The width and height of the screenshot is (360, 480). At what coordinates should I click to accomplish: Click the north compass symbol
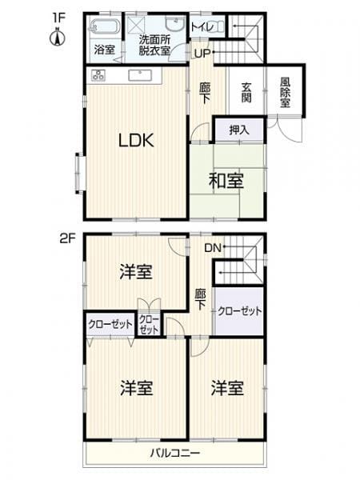coord(57,37)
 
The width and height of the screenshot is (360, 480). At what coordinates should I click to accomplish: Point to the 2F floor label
coord(67,238)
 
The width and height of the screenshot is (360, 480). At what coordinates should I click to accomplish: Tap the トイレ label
coord(202,27)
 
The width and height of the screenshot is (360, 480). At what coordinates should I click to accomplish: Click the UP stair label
coord(202,54)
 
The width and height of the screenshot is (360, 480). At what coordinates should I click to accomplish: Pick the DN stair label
coord(213,247)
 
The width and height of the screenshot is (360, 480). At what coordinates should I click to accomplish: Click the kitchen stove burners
coord(98,75)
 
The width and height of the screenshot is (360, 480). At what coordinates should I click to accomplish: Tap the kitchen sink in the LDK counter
coord(140,75)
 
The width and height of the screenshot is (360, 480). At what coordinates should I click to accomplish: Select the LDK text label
coord(136,141)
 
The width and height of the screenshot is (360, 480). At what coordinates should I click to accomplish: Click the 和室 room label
coord(226,180)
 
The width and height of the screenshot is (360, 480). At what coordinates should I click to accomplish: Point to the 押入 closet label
coord(239,130)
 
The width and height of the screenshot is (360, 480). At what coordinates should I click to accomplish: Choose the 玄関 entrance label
coord(246,92)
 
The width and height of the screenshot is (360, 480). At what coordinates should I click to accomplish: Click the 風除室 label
coord(285,92)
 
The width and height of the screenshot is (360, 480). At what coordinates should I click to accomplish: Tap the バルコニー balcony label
coord(175,453)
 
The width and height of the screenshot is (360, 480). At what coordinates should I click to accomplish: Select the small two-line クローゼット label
coord(149,325)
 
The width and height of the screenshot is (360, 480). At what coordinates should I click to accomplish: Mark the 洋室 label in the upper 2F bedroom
coord(136,271)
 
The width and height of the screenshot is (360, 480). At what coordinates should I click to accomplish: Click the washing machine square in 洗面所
coord(137,23)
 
